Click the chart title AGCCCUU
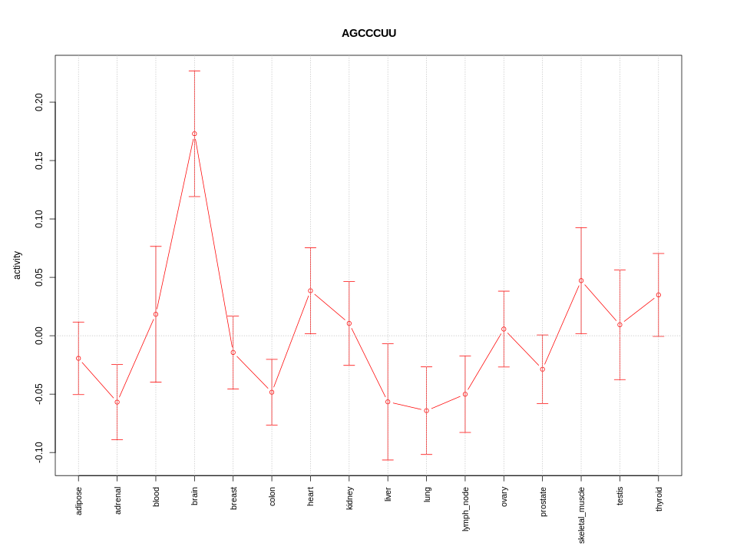[368, 33]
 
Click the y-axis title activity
[17, 265]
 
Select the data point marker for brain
[194, 134]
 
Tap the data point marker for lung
[427, 410]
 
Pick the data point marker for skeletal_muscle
[581, 280]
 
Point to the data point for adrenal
[117, 402]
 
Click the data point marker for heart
[310, 290]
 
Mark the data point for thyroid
[659, 295]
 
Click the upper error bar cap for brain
[194, 71]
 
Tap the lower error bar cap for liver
[388, 460]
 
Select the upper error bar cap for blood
[156, 247]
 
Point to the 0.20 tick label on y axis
[39, 102]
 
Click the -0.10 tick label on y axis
[39, 452]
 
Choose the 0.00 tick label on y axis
[39, 336]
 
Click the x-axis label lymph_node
[465, 508]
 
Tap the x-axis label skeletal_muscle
[581, 515]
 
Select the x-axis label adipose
[78, 500]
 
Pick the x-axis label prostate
[543, 502]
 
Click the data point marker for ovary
[504, 329]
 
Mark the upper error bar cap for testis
[620, 270]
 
